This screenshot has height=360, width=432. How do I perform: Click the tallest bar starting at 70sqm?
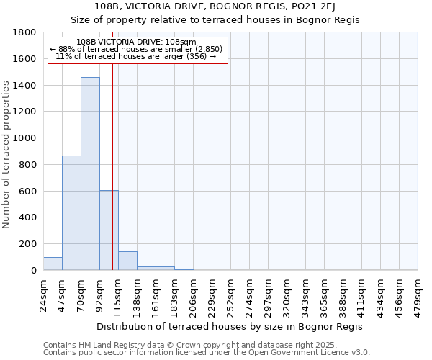90,174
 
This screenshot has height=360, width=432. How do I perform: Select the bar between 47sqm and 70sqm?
71,212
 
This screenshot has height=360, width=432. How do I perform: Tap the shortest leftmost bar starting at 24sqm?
53,264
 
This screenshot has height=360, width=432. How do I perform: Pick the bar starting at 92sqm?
109,230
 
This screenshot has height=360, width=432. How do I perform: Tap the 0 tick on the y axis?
33,270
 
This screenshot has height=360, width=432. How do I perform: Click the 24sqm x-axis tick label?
43,292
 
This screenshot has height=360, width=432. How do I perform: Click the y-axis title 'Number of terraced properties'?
7,155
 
